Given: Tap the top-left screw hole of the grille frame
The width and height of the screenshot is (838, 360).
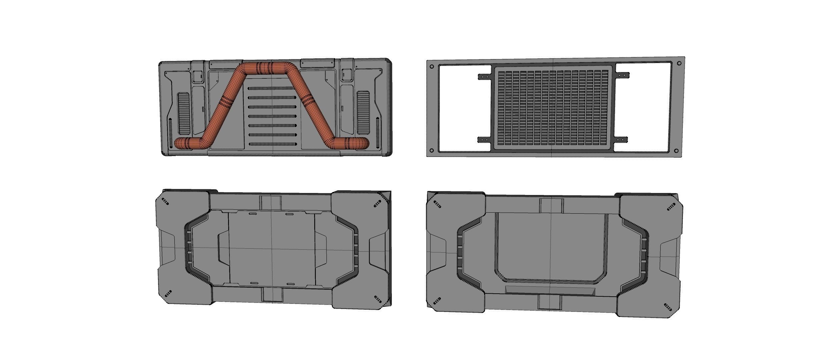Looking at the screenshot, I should click(432, 66).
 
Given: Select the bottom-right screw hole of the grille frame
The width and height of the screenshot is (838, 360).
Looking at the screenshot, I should click(676, 151).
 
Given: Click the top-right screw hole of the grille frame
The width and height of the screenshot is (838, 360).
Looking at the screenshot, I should click(679, 63).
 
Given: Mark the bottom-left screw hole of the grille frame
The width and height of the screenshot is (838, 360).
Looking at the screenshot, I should click(432, 150).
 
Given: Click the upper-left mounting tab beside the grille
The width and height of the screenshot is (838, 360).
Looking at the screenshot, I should click(485, 77).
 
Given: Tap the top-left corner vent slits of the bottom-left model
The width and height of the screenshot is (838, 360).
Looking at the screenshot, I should click(165, 201).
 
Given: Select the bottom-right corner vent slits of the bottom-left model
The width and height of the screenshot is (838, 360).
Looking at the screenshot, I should click(378, 299).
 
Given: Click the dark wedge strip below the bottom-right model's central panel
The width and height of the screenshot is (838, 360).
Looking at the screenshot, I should click(550, 290).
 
